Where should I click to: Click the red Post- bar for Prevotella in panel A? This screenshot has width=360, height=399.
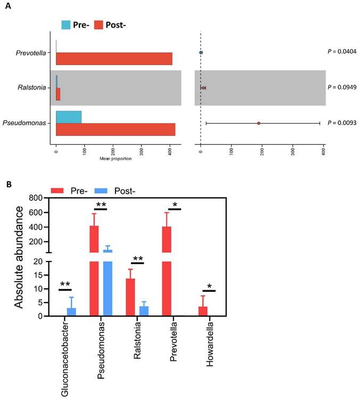tap(114, 59)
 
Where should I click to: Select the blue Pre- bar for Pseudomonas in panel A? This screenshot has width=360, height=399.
tap(69, 117)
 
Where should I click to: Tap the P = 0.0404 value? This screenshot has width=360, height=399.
tap(341, 52)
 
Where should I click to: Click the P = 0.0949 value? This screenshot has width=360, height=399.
tap(341, 87)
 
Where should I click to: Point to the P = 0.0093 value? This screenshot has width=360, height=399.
tap(341, 123)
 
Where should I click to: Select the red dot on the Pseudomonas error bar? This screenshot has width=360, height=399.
tap(258, 123)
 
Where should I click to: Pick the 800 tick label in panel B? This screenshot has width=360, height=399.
tap(35, 198)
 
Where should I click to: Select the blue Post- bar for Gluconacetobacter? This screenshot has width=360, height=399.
tap(71, 312)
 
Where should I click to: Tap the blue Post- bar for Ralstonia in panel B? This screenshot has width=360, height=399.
tap(144, 311)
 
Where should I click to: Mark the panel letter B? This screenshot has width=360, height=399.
tap(9, 184)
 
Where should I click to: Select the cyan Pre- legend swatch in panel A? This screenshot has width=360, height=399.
tap(67, 25)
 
